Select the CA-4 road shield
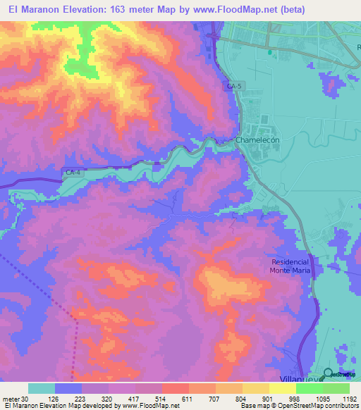[72, 173]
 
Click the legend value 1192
[347, 398]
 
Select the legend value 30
[25, 398]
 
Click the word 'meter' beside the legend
[10, 398]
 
